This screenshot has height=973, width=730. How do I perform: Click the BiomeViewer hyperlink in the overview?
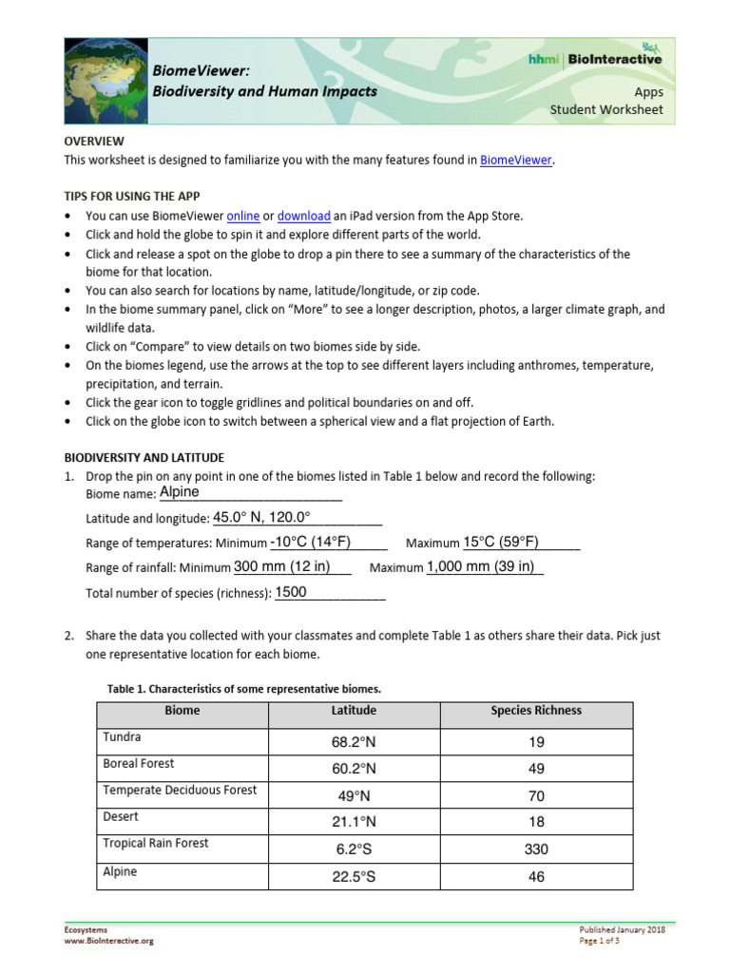[x=515, y=161]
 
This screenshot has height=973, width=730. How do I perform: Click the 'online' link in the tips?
[x=243, y=216]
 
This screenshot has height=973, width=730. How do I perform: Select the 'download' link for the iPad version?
[x=303, y=216]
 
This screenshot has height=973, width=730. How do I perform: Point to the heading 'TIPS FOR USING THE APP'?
[x=131, y=196]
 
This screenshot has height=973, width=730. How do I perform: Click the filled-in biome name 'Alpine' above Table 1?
[x=180, y=492]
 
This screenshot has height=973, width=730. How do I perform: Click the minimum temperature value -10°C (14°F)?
[x=311, y=543]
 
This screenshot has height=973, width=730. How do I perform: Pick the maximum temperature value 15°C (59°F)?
[x=501, y=543]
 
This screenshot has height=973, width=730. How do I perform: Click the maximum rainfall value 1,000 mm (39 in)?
[x=481, y=567]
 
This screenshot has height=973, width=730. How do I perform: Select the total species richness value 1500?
[x=291, y=592]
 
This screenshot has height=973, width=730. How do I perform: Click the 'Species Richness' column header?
[x=536, y=711]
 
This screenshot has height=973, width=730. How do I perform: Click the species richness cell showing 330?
[x=536, y=849]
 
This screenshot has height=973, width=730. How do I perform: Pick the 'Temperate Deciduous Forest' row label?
[x=180, y=791]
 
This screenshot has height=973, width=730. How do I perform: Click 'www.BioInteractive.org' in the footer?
[x=108, y=941]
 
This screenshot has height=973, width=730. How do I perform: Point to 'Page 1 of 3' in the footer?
[x=600, y=941]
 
